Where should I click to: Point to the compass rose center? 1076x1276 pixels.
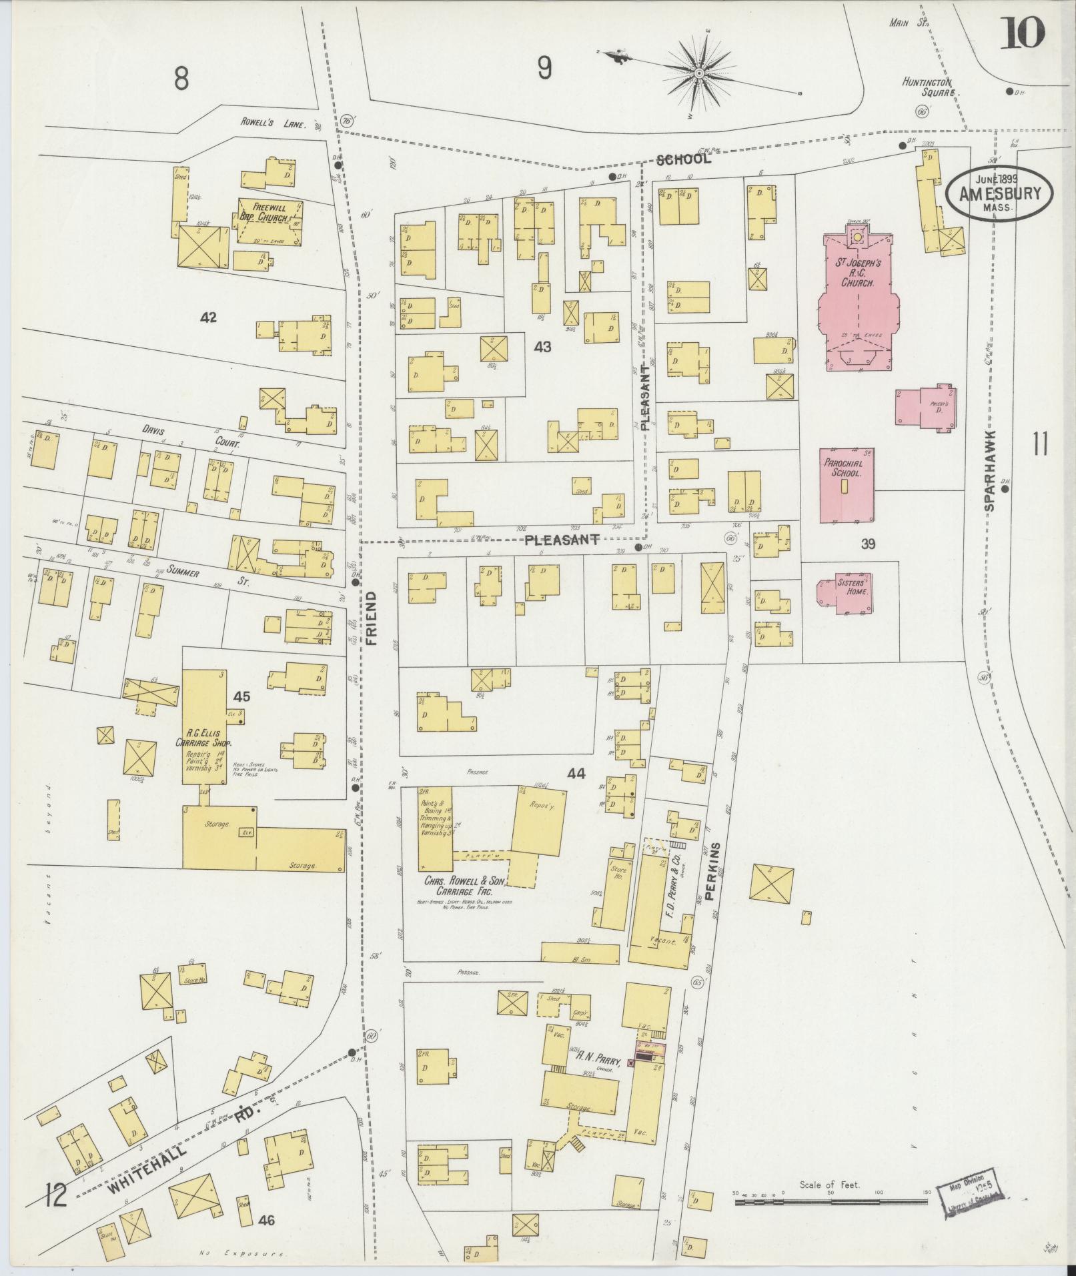pos(699,72)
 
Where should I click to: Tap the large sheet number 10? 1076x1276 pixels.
pos(1021,33)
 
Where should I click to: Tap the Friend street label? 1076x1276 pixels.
pos(372,617)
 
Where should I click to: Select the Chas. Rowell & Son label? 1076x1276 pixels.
pos(466,886)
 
